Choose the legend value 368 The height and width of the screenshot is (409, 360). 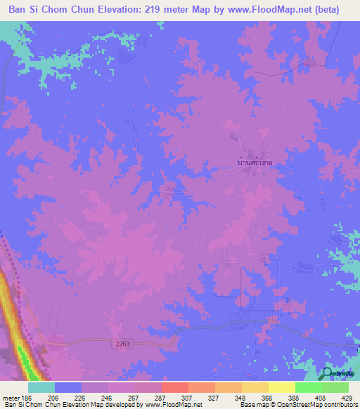coord(267,398)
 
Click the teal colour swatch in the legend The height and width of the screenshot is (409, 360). coord(41,387)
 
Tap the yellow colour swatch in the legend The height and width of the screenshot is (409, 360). coord(282,387)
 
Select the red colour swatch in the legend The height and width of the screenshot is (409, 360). coord(175,387)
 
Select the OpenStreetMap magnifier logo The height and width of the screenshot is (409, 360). coord(327,373)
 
